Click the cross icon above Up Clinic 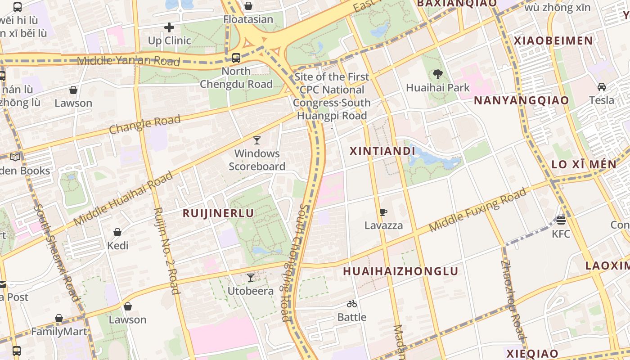[169, 28]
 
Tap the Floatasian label [248, 19]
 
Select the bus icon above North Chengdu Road [236, 58]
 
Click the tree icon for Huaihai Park [437, 74]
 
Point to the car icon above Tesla [602, 87]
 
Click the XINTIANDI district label [382, 151]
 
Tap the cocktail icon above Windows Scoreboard [257, 140]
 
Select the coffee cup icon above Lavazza [383, 212]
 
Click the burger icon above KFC [561, 220]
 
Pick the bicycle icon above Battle [352, 304]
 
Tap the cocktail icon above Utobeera [251, 278]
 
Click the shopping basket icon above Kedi [117, 232]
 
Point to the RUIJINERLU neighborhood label [218, 213]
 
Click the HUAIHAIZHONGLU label [400, 271]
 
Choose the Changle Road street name [145, 124]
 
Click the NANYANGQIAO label [521, 100]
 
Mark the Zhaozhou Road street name [513, 300]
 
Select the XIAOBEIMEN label [553, 41]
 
